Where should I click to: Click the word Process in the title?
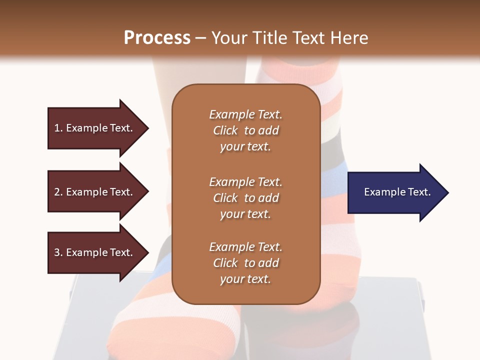coord(157,38)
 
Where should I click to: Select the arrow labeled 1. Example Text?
coord(95,128)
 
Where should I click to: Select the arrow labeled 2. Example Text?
coord(95,192)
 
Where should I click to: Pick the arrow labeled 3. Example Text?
coord(95,252)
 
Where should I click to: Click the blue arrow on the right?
coord(395,192)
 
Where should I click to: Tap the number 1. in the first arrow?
coord(58,128)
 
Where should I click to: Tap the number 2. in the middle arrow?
coord(58,192)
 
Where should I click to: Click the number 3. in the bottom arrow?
coord(58,252)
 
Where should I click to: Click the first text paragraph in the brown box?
coord(245,130)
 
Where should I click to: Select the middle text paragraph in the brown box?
coord(245,198)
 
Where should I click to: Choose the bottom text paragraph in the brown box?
coord(245,263)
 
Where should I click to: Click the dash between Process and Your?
coord(201,38)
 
